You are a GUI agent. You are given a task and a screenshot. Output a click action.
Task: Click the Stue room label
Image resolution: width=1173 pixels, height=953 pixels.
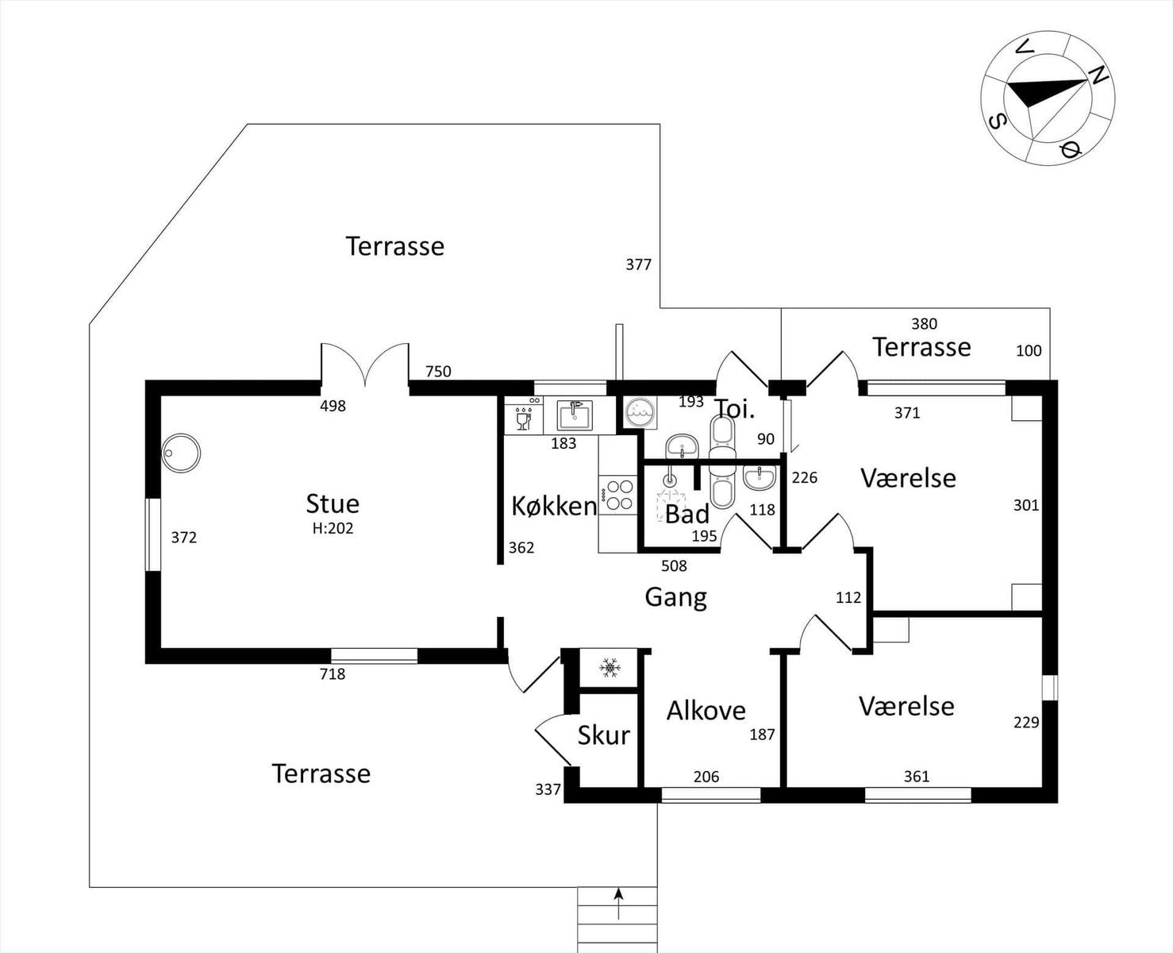click(333, 504)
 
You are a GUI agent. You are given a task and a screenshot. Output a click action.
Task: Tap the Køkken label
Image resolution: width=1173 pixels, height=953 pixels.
click(554, 506)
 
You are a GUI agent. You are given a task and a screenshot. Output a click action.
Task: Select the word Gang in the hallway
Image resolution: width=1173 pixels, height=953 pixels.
click(675, 598)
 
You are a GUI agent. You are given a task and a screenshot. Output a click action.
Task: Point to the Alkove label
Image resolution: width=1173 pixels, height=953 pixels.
click(706, 711)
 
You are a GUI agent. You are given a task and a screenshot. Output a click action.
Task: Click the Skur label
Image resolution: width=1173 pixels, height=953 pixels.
click(604, 735)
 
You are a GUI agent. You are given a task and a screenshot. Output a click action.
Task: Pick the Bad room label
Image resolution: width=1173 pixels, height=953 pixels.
click(687, 514)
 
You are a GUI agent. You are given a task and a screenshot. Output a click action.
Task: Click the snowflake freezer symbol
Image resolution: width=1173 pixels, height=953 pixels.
click(610, 668)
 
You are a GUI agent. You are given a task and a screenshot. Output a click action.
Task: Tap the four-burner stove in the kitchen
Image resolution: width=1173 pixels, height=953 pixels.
click(618, 495)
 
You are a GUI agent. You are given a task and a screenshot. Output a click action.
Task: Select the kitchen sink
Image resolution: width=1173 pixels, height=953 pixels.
click(575, 415)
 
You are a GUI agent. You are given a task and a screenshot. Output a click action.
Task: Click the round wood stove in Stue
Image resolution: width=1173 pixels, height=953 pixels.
click(181, 453)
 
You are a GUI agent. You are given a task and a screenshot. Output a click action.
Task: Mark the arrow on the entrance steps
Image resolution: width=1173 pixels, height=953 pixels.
click(618, 904)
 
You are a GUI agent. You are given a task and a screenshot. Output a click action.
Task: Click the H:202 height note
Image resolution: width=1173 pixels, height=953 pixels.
click(333, 528)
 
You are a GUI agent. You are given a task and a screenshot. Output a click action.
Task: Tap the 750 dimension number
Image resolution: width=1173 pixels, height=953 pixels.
click(438, 372)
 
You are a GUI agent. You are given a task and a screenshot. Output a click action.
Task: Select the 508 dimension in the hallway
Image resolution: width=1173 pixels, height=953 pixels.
click(674, 565)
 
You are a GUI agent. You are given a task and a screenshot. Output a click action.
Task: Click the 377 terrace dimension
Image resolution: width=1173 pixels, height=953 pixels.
click(638, 265)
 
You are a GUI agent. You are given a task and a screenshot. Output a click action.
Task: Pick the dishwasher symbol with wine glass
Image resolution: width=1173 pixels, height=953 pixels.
click(524, 415)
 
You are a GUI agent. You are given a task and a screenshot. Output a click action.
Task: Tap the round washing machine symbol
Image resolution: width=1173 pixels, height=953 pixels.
click(640, 411)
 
